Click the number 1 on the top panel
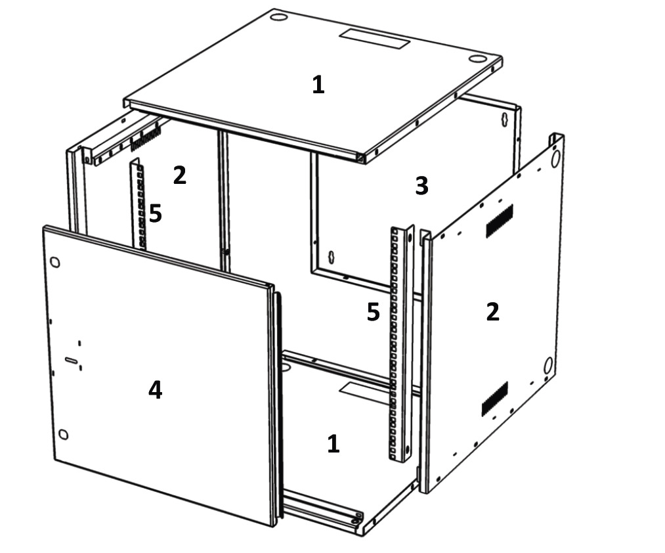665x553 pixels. (x=318, y=85)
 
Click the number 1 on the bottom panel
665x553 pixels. (x=333, y=443)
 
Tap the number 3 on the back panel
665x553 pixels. (x=421, y=186)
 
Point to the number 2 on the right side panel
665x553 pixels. (x=492, y=312)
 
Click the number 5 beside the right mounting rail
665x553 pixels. (x=374, y=312)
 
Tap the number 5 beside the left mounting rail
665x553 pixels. (x=156, y=213)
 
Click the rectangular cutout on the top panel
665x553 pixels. (x=374, y=39)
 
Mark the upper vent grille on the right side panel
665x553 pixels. (x=499, y=220)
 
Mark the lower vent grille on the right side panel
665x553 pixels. (x=495, y=399)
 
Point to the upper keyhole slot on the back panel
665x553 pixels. (x=505, y=120)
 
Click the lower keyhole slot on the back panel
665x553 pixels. (x=332, y=257)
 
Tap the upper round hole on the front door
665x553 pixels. (x=54, y=262)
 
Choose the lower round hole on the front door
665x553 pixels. (x=63, y=434)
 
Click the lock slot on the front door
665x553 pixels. (x=72, y=361)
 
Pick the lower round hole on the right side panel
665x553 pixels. (x=548, y=365)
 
